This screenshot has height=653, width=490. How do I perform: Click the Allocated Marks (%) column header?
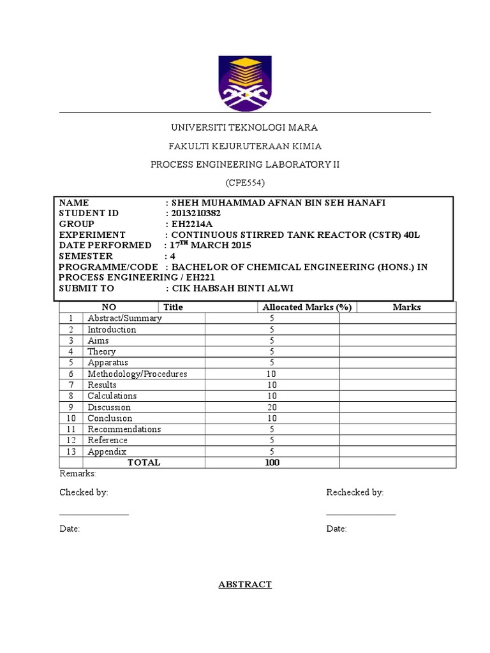pyautogui.click(x=307, y=307)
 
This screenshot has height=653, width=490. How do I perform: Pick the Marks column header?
pyautogui.click(x=406, y=307)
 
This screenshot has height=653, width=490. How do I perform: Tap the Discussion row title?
pyautogui.click(x=109, y=407)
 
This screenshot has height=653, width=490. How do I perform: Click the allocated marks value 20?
pyautogui.click(x=272, y=407)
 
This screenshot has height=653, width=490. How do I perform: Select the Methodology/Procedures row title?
pyautogui.click(x=137, y=374)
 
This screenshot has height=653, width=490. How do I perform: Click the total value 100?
pyautogui.click(x=272, y=462)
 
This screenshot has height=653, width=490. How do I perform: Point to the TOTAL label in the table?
pyautogui.click(x=144, y=462)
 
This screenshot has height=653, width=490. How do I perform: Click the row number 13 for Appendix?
pyautogui.click(x=71, y=451)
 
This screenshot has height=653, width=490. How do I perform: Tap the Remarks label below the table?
pyautogui.click(x=78, y=474)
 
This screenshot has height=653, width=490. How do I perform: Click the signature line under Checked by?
pyautogui.click(x=94, y=514)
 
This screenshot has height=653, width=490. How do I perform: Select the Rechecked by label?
pyautogui.click(x=355, y=492)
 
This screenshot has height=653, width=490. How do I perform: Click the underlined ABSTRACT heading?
pyautogui.click(x=245, y=584)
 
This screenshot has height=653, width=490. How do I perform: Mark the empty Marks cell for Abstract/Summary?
pyautogui.click(x=397, y=318)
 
